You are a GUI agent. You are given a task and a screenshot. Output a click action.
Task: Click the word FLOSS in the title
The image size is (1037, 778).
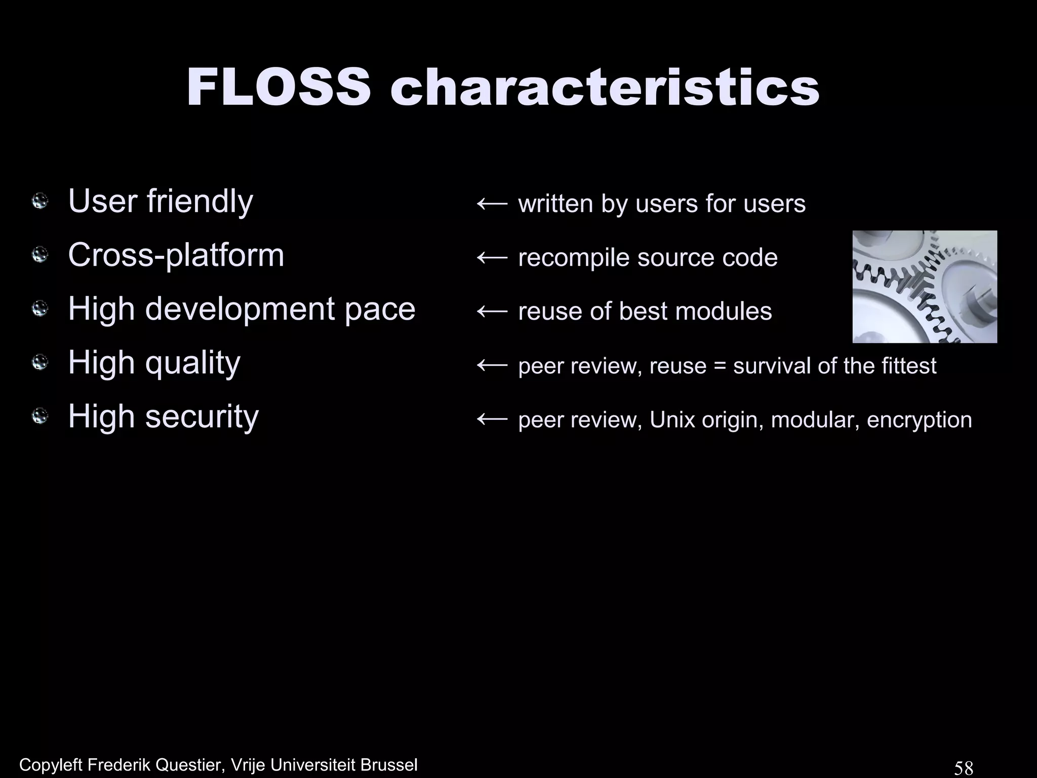click(278, 88)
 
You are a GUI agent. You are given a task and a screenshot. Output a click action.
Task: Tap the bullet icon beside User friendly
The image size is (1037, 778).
click(39, 202)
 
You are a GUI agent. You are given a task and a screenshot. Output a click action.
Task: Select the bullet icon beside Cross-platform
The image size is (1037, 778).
click(39, 255)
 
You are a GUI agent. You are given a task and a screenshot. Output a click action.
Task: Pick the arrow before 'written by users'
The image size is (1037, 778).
click(492, 204)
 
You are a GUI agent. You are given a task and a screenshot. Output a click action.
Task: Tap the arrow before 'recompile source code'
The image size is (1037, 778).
click(492, 258)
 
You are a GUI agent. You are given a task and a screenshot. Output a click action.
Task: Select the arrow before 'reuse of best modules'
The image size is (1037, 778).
click(492, 312)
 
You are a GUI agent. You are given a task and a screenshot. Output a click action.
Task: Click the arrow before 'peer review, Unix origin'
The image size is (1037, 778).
click(492, 419)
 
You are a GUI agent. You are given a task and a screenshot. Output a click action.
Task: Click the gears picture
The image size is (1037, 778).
click(925, 287)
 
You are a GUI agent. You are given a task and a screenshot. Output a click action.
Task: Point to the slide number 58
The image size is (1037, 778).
click(964, 768)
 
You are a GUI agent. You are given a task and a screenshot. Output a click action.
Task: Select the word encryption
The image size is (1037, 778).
click(919, 420)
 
